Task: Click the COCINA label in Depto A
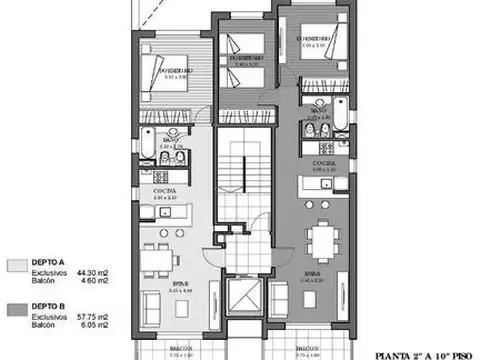tap(165, 188)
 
